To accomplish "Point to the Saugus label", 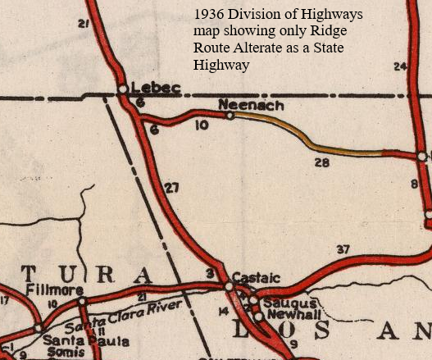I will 282,303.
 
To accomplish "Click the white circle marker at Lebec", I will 122,88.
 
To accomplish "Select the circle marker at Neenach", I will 230,116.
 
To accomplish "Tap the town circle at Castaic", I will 228,285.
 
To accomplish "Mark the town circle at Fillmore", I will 81,299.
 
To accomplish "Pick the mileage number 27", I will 171,188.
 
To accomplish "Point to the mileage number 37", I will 343,249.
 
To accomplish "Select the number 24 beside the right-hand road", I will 400,66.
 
